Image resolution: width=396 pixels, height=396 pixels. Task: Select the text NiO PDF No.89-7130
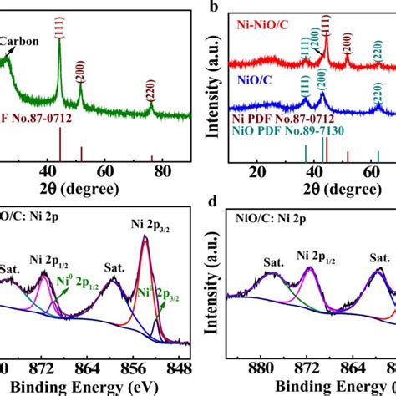point(287,131)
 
